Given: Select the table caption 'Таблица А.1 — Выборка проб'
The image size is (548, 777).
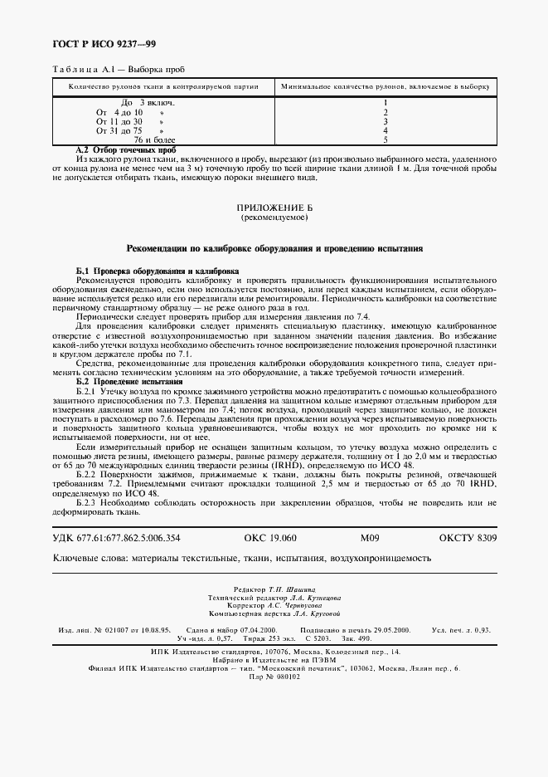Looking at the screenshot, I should (x=119, y=71).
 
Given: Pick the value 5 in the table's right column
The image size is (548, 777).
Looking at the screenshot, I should (x=386, y=140).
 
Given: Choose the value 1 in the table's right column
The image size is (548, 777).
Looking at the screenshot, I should (x=386, y=102).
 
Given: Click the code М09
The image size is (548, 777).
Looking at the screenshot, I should (x=369, y=539).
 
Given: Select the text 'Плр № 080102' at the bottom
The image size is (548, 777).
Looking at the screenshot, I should (x=274, y=677).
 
